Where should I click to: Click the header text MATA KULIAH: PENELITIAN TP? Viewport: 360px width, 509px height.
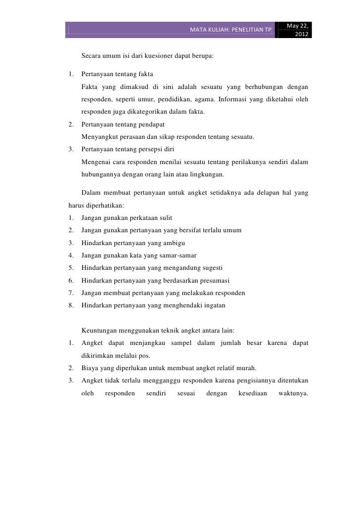click(x=230, y=31)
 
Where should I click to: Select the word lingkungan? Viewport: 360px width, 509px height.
click(x=206, y=174)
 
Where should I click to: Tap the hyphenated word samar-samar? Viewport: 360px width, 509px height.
click(x=178, y=255)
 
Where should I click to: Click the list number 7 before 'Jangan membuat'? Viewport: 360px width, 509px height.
click(x=72, y=293)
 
